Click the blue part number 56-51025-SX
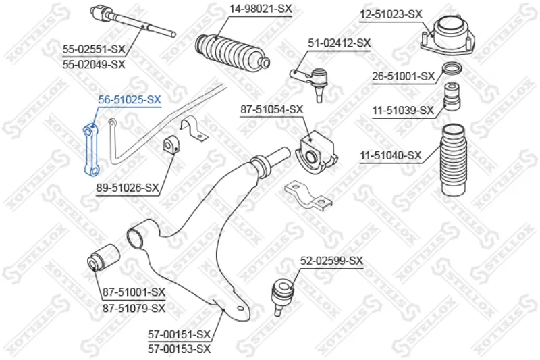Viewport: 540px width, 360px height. point(130,99)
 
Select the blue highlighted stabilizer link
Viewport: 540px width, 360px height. point(91,150)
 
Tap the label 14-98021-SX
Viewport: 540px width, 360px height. point(261,9)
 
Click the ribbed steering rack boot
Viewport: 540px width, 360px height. point(232,50)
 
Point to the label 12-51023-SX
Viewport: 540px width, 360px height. point(391,14)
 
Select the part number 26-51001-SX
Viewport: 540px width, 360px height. point(403,76)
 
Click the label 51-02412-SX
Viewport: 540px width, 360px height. point(340,43)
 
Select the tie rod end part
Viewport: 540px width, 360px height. point(310,83)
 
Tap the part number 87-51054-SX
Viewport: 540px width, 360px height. point(272,109)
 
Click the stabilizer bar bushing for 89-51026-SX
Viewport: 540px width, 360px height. point(171,145)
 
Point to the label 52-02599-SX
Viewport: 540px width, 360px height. point(331,261)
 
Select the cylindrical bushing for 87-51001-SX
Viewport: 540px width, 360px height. point(103,257)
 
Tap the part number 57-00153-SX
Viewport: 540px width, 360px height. point(179,349)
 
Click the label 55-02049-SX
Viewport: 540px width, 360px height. point(94,64)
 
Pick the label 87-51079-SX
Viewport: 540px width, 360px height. point(134,307)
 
